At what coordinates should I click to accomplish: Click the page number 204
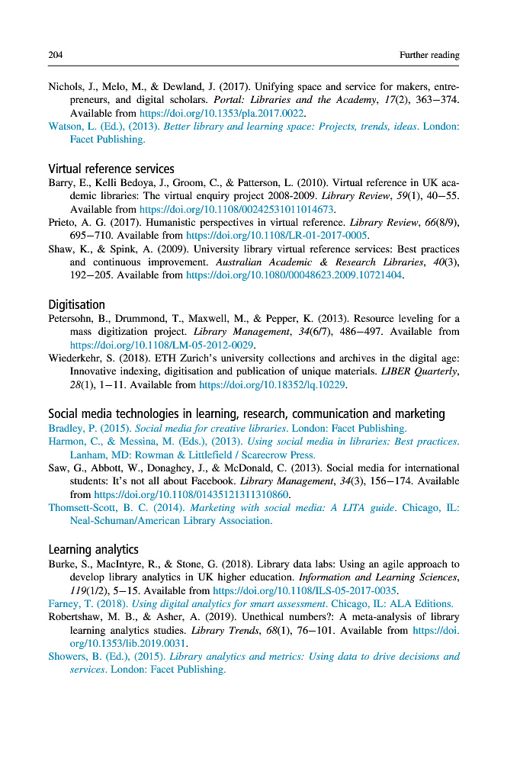click(55, 55)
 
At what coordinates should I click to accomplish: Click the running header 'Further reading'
click(429, 55)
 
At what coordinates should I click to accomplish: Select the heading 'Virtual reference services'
click(111, 169)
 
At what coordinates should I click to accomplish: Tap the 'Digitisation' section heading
click(76, 304)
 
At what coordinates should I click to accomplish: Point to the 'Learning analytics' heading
click(93, 549)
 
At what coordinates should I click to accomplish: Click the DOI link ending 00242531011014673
click(237, 209)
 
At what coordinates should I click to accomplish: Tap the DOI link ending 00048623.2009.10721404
click(294, 275)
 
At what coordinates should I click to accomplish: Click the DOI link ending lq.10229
click(272, 385)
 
